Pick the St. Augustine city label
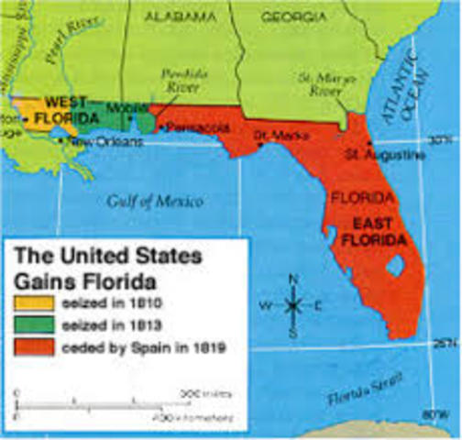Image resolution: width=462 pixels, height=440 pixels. click(383, 154)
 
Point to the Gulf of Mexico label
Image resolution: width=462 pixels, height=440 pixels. click(153, 202)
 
